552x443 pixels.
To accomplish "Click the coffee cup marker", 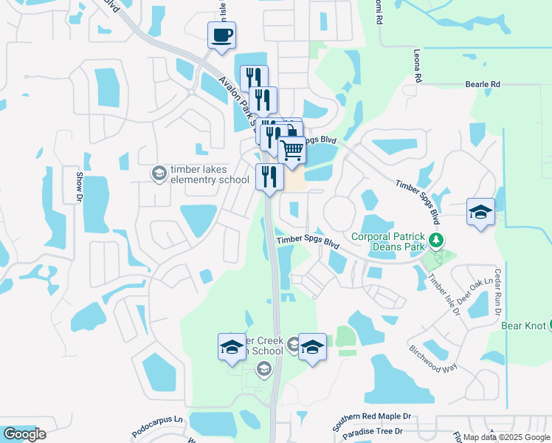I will [x=221, y=36].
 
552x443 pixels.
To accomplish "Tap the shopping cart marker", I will [x=292, y=150].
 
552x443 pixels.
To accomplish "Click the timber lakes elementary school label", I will [x=210, y=174].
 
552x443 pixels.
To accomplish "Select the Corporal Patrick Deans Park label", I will [x=388, y=241].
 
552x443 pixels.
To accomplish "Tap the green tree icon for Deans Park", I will [x=437, y=240].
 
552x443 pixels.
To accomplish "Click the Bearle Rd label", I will [x=483, y=85].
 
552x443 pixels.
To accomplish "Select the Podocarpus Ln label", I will [x=157, y=425].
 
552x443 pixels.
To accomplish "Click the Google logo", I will [x=24, y=434].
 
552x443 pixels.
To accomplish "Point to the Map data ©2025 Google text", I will [x=506, y=437].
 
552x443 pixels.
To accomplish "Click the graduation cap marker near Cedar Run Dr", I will [x=480, y=213].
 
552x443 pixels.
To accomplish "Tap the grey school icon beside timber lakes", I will [x=159, y=174].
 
